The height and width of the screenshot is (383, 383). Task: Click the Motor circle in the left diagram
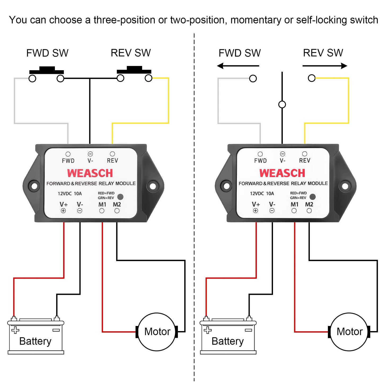click(157, 332)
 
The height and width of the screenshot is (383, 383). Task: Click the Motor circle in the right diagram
click(349, 332)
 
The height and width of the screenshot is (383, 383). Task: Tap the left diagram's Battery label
click(35, 341)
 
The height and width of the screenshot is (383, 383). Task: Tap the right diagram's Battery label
click(227, 341)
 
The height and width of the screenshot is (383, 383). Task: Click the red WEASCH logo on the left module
click(90, 173)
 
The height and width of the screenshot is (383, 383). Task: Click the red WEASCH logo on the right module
click(282, 173)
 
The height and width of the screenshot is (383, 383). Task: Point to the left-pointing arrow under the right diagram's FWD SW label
click(238, 66)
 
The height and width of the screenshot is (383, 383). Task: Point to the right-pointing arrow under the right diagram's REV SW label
click(325, 66)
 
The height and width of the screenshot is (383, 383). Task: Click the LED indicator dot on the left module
click(120, 197)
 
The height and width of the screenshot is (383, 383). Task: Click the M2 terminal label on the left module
click(117, 204)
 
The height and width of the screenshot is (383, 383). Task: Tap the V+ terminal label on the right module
click(256, 204)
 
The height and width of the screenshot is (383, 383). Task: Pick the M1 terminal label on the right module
click(294, 204)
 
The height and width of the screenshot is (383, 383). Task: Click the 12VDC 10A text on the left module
click(70, 193)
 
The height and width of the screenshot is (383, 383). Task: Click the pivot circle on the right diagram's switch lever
click(282, 104)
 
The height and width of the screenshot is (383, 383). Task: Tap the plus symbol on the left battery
click(15, 330)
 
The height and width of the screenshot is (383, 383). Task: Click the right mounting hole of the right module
click(345, 186)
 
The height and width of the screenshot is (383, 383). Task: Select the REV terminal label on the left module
click(112, 161)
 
